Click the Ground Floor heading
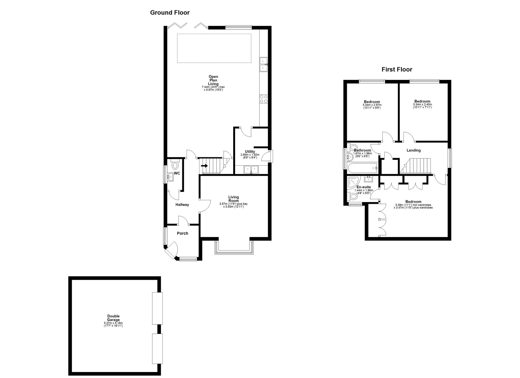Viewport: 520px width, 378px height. (x=170, y=12)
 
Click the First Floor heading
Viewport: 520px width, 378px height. (x=397, y=69)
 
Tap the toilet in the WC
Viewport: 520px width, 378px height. (x=175, y=165)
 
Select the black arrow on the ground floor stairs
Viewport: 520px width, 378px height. (x=204, y=166)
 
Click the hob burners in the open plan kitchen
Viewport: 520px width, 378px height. (x=263, y=99)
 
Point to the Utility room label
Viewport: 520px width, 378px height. (x=250, y=152)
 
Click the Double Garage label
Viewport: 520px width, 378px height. (x=113, y=318)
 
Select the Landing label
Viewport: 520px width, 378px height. (x=413, y=150)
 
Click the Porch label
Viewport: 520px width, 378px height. (x=182, y=233)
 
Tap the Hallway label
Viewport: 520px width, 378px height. (x=182, y=205)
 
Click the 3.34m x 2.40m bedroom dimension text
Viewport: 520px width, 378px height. (x=422, y=105)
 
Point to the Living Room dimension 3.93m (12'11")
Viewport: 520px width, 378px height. (x=233, y=207)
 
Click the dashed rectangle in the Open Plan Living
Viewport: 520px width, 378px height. (x=214, y=48)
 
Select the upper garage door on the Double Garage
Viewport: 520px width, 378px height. (x=157, y=308)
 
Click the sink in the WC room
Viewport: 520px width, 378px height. (x=170, y=177)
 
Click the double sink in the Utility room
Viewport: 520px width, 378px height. (x=251, y=170)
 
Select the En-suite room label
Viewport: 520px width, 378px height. (x=363, y=187)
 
